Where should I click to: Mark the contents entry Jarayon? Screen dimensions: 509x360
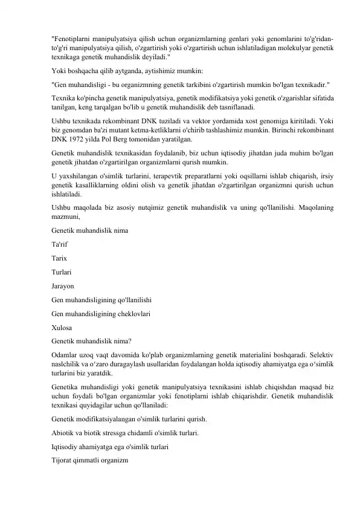coord(63,286)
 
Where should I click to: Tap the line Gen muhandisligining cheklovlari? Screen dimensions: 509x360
coord(101,314)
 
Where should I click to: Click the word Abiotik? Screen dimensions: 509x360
coord(65,433)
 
